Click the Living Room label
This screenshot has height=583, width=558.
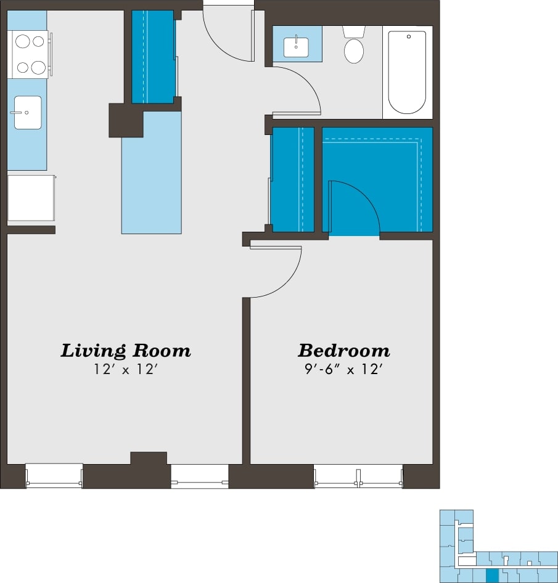[125, 351]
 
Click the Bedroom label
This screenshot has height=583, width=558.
[343, 351]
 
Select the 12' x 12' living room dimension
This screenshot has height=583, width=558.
[125, 370]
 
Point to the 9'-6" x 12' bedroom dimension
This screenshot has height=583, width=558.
[343, 370]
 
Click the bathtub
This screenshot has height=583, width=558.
[407, 72]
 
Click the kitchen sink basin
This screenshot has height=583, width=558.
[28, 112]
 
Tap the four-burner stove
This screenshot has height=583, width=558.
[30, 54]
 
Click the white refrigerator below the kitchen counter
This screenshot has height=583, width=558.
[30, 198]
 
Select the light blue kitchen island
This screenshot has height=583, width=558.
[152, 179]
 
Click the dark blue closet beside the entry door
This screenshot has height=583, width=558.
[152, 57]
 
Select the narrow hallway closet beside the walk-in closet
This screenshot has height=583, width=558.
[293, 179]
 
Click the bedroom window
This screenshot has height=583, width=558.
[358, 476]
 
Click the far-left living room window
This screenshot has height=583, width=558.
[54, 476]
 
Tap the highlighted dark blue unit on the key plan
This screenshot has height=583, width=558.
[491, 576]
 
